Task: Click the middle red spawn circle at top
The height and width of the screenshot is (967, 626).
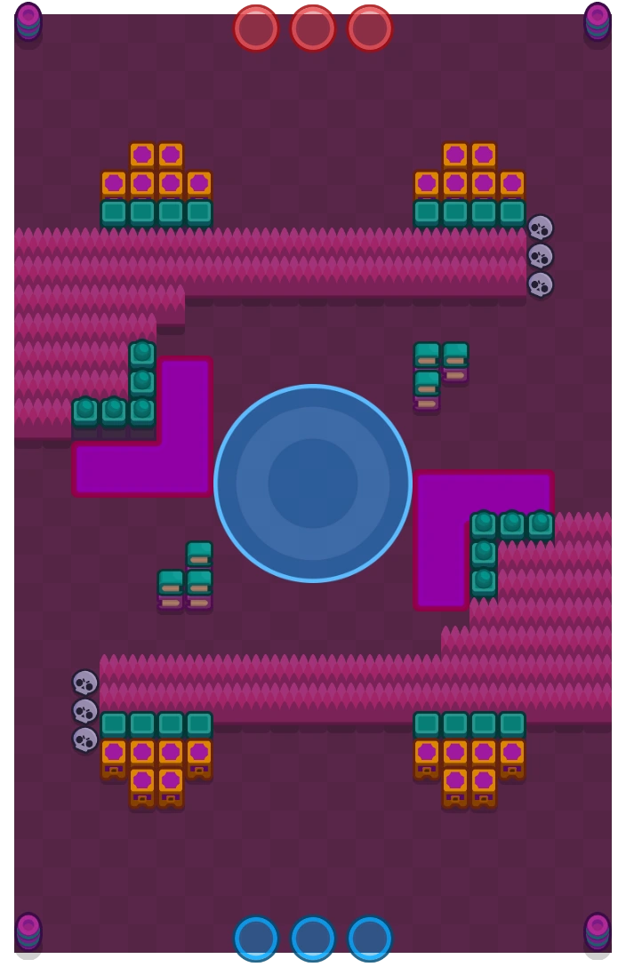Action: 313,28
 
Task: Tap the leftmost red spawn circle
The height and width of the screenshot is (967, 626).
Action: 256,28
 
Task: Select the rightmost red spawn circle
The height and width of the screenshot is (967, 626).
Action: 370,28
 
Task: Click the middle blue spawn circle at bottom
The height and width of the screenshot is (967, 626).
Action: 313,938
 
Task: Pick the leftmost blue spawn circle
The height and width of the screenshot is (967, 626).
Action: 256,938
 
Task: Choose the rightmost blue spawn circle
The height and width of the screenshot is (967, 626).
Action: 370,938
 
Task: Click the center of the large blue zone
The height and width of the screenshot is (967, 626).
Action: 313,483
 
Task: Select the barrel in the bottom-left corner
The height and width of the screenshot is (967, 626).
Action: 28,930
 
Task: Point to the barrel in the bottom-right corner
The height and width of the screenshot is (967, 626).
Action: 598,930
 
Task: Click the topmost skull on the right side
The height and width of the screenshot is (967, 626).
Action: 541,228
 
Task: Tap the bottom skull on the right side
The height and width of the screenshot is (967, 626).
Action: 541,284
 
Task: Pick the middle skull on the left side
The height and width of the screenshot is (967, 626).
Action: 85,711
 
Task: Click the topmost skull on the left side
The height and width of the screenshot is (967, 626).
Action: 85,683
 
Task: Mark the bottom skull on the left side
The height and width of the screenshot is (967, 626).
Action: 85,739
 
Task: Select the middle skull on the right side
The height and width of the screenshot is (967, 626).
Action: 541,256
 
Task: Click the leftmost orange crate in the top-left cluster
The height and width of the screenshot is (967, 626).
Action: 114,184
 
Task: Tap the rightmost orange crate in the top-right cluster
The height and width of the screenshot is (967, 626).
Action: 512,184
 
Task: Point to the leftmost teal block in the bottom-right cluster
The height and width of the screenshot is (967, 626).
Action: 427,724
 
